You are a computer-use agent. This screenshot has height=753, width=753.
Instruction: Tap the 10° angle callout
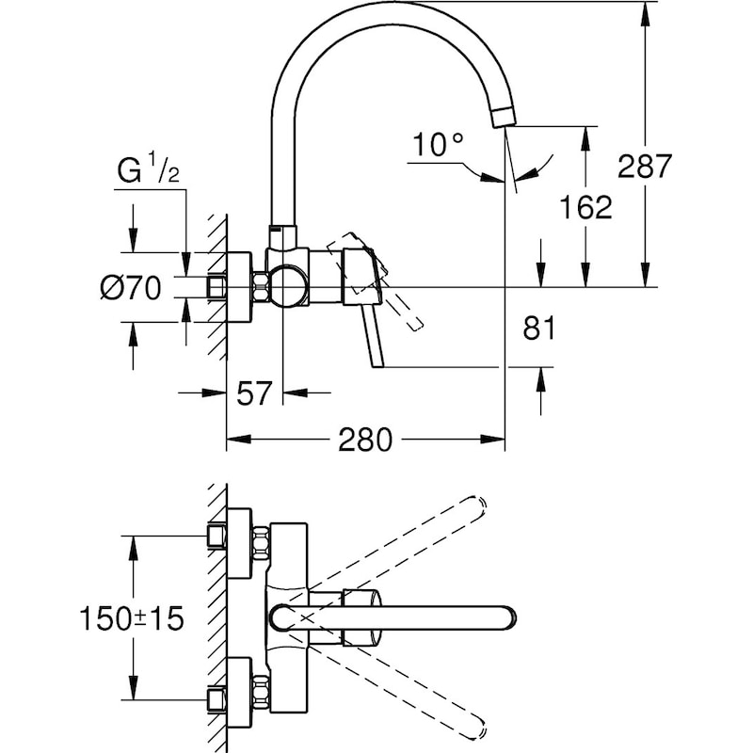[x=438, y=145]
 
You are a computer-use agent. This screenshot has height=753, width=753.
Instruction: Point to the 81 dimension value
[x=538, y=328]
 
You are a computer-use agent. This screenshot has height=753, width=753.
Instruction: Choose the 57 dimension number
[x=253, y=393]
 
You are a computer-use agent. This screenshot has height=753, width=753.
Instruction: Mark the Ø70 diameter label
[x=133, y=287]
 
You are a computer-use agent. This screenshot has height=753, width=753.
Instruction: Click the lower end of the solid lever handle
[x=378, y=362]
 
